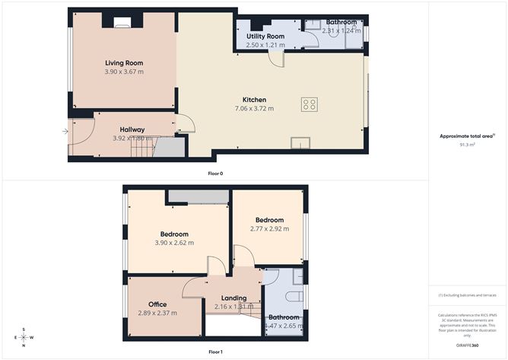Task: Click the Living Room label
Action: click(123, 63)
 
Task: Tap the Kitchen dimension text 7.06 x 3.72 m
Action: click(254, 109)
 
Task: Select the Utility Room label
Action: click(265, 37)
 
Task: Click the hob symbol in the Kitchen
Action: click(309, 105)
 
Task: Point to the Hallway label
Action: click(132, 129)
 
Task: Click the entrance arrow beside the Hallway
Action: click(65, 132)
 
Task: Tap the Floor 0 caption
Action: click(215, 174)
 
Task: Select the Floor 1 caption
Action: click(215, 352)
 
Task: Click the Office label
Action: click(157, 304)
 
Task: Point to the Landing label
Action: click(233, 298)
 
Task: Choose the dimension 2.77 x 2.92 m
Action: click(270, 228)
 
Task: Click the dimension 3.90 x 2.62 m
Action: click(174, 243)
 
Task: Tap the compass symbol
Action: click(24, 337)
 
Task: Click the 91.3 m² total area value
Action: click(466, 144)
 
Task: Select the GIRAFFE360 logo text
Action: click(468, 346)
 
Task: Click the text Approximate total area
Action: click(466, 135)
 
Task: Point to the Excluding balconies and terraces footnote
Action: click(467, 295)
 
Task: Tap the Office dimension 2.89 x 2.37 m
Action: click(157, 313)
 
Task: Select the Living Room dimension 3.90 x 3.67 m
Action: click(123, 72)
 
